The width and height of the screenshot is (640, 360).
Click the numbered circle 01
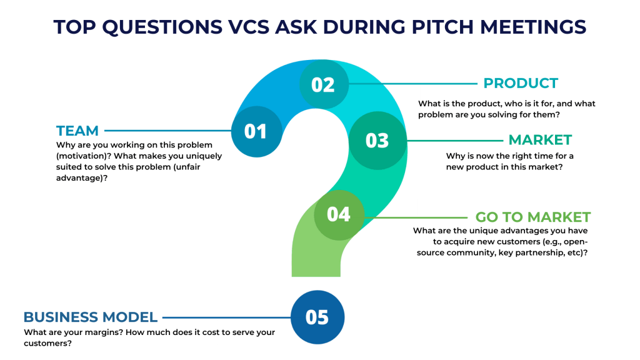pyautogui.click(x=256, y=131)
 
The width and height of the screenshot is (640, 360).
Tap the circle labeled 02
pyautogui.click(x=323, y=84)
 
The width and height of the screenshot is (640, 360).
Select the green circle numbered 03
pyautogui.click(x=377, y=140)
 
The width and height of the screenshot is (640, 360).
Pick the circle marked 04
pyautogui.click(x=338, y=214)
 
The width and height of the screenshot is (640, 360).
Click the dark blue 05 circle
pyautogui.click(x=317, y=317)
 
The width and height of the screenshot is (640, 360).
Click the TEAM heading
pyautogui.click(x=77, y=131)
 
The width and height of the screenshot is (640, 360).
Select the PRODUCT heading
pyautogui.click(x=521, y=83)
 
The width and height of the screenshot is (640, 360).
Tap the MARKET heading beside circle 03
pyautogui.click(x=540, y=139)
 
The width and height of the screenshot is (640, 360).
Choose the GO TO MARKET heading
pyautogui.click(x=532, y=217)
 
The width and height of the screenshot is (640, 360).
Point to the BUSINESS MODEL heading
pyautogui.click(x=91, y=317)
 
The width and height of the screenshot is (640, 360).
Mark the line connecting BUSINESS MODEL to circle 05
pyautogui.click(x=225, y=317)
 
